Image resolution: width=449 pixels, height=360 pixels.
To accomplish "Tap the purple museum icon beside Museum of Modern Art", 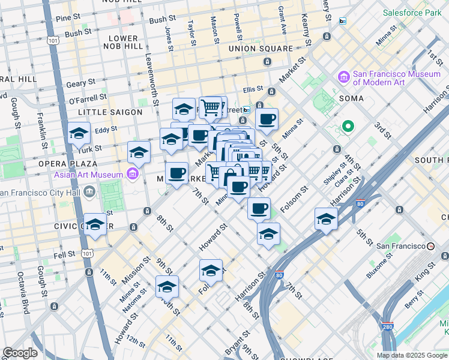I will coord(343,77).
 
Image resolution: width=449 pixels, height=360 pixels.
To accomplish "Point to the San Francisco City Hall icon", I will coord(89,193).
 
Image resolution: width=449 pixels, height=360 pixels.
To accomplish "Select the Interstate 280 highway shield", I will coord(386,327).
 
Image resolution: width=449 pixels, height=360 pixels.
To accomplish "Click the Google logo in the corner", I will coord(19,353).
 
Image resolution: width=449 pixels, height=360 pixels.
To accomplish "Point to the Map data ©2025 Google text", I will coord(411,355).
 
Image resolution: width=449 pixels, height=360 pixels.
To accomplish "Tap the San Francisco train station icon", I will coord(430,246).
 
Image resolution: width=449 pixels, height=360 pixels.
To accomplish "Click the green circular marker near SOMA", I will coord(347,127).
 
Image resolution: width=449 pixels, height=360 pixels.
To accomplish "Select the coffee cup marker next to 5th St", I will coord(267,118).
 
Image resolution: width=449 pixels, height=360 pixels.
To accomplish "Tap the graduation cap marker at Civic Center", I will coord(95,224).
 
